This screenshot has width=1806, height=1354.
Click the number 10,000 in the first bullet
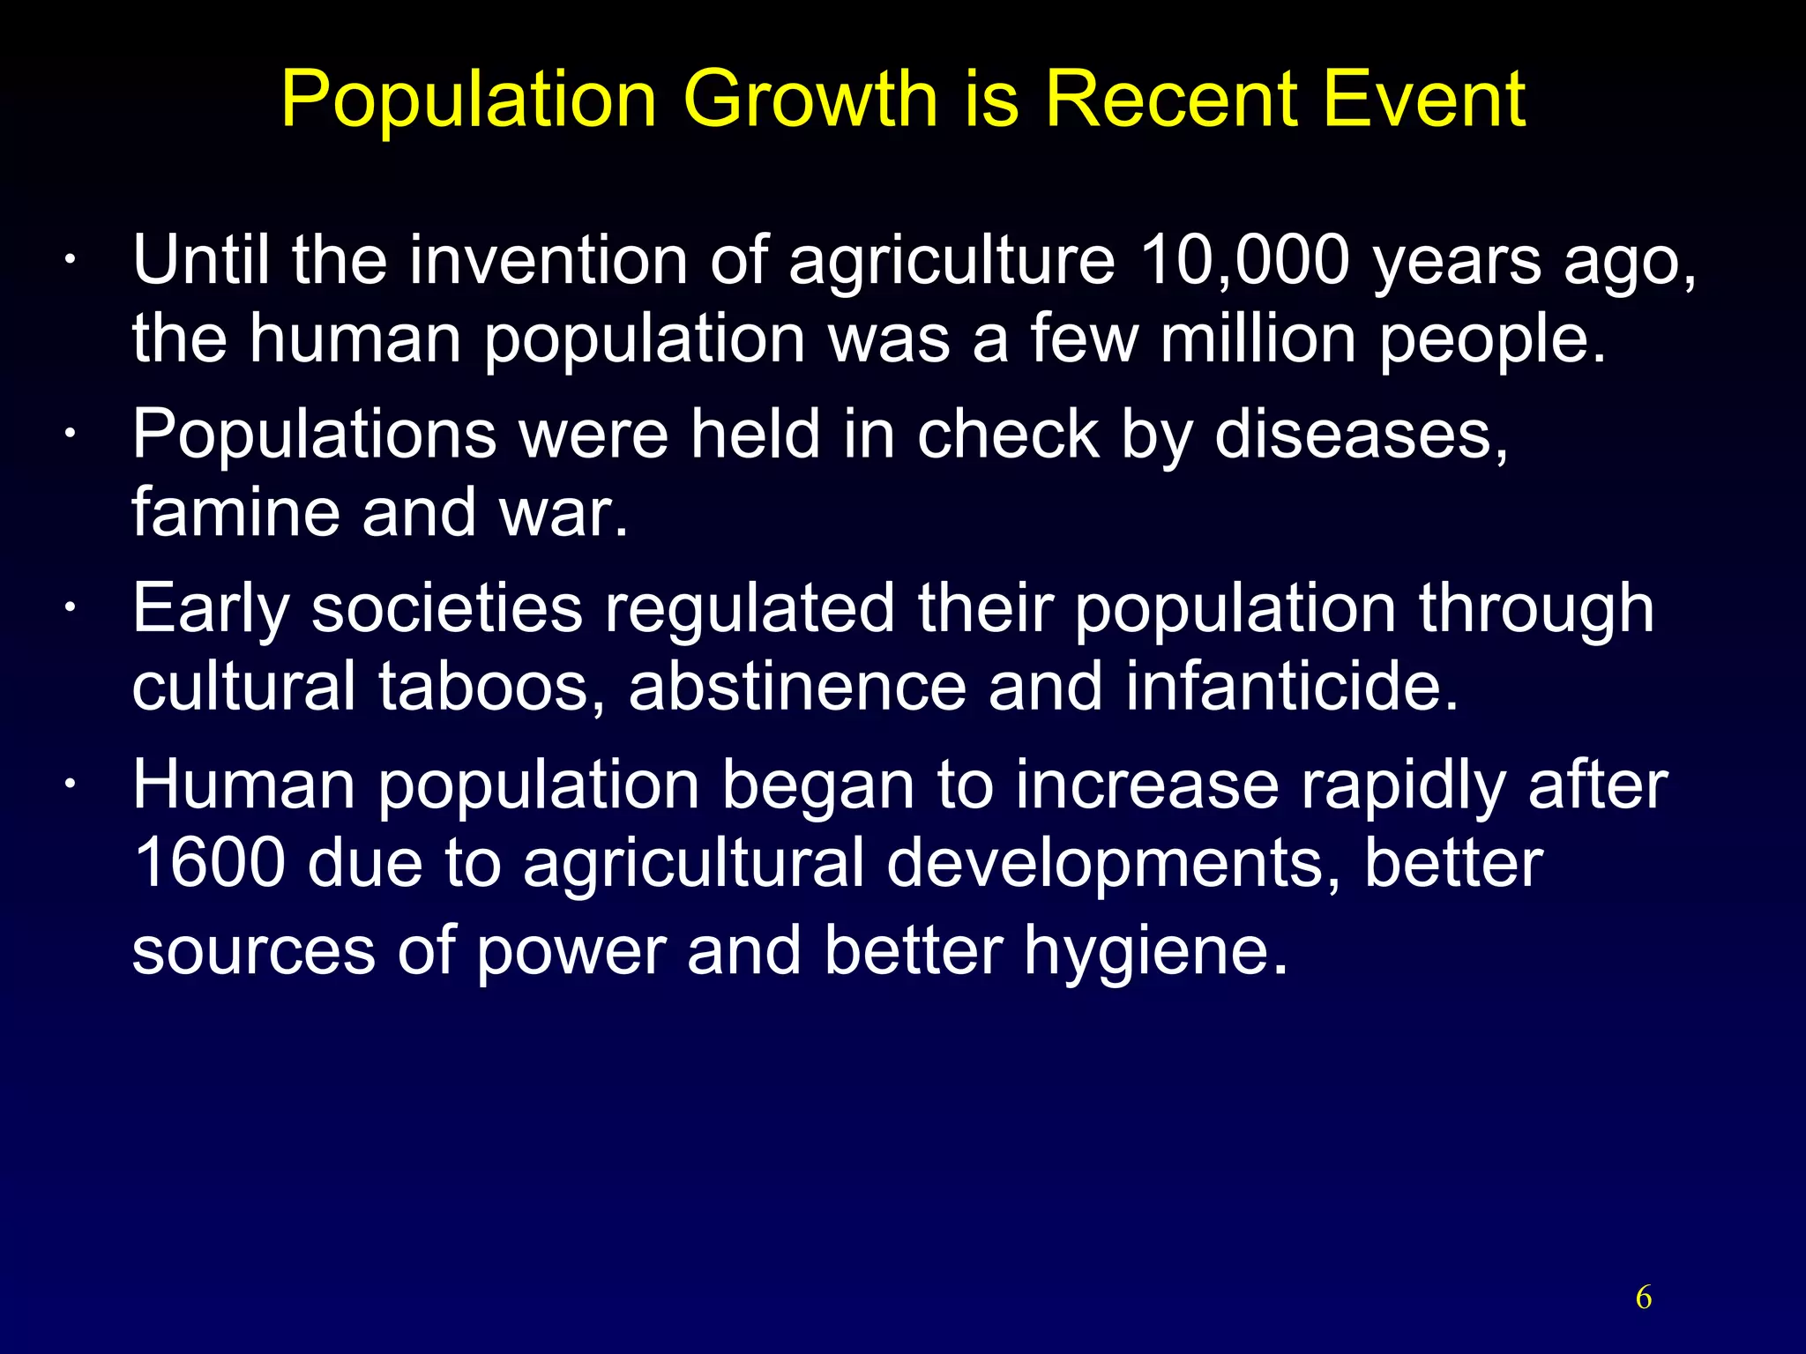[1244, 261]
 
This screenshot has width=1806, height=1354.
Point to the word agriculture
[952, 263]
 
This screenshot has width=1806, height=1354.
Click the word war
[564, 514]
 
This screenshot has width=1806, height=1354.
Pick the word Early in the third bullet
[210, 610]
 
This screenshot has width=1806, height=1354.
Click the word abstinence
[797, 688]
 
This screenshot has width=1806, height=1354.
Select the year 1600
[209, 863]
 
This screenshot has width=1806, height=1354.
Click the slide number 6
[1644, 1297]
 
